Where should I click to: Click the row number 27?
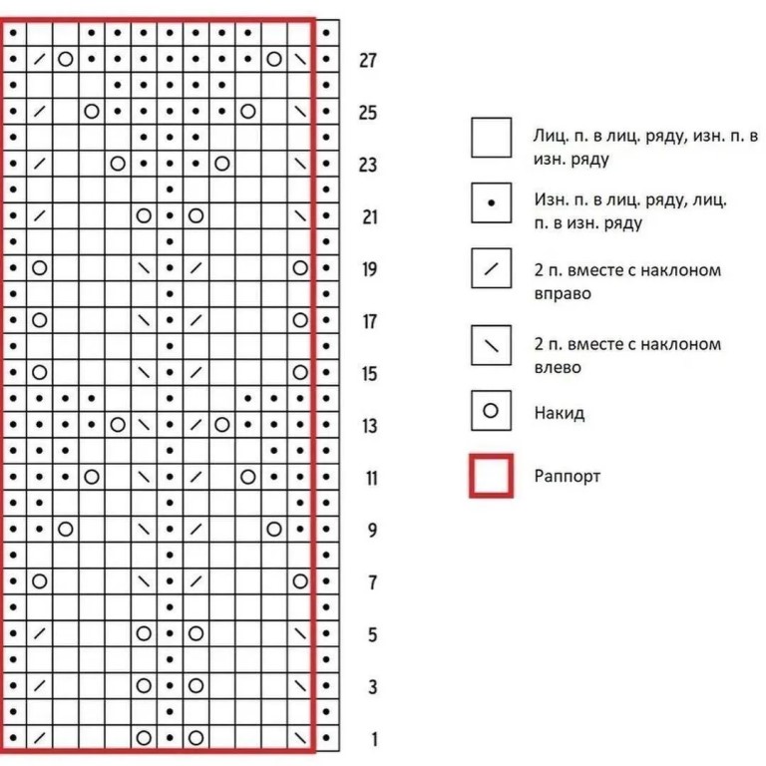click(x=368, y=61)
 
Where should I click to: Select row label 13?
click(x=369, y=427)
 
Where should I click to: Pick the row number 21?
click(x=369, y=216)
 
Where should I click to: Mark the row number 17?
click(x=369, y=322)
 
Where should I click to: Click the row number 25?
click(x=368, y=113)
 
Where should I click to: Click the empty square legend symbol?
click(x=491, y=137)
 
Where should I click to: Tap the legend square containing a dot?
click(x=491, y=202)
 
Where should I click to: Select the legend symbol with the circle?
click(x=491, y=411)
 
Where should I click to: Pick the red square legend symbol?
click(x=491, y=476)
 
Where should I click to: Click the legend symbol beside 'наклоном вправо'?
click(x=491, y=269)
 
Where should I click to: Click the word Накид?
click(x=560, y=413)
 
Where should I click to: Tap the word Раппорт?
click(x=568, y=477)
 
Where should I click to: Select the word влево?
click(x=558, y=368)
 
